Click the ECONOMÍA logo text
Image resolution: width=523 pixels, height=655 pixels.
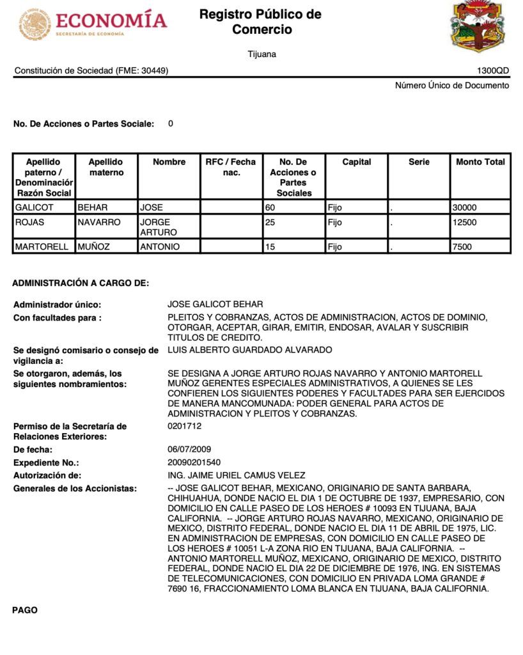pyautogui.click(x=111, y=20)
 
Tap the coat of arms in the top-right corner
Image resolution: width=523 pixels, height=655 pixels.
pyautogui.click(x=480, y=26)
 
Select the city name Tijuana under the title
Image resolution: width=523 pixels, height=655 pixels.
pyautogui.click(x=262, y=54)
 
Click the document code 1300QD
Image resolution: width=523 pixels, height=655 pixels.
pyautogui.click(x=493, y=71)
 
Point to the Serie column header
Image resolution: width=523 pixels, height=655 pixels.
pyautogui.click(x=419, y=162)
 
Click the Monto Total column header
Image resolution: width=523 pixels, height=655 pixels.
pyautogui.click(x=480, y=162)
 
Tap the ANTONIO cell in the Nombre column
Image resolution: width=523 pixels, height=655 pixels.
pyautogui.click(x=160, y=247)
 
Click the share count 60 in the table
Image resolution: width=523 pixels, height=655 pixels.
pyautogui.click(x=270, y=208)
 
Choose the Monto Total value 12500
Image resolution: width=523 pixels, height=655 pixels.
pyautogui.click(x=464, y=223)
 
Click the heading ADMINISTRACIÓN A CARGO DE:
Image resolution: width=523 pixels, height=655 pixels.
pyautogui.click(x=81, y=283)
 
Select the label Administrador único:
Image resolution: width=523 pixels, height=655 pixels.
pyautogui.click(x=58, y=304)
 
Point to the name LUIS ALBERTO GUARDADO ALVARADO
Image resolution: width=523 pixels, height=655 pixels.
pyautogui.click(x=250, y=350)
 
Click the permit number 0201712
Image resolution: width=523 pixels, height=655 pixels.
pyautogui.click(x=185, y=425)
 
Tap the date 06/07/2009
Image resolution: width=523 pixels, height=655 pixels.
pyautogui.click(x=189, y=450)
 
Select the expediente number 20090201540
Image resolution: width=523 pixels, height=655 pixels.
pyautogui.click(x=194, y=462)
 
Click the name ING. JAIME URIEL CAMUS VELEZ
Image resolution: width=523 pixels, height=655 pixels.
pyautogui.click(x=236, y=475)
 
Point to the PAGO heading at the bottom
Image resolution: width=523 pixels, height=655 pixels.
pyautogui.click(x=25, y=610)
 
